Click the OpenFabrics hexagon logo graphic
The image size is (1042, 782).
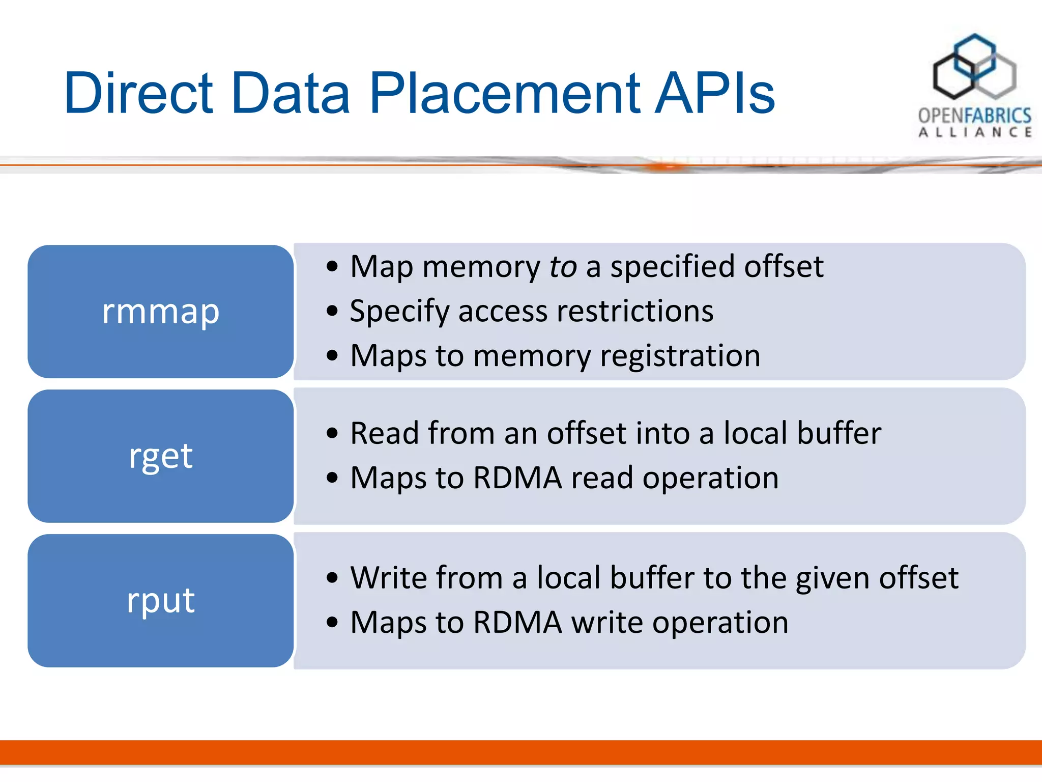click(x=974, y=67)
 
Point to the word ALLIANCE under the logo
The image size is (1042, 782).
click(x=975, y=132)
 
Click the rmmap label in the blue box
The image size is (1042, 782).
click(x=161, y=311)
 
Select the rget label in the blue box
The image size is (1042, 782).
click(x=161, y=456)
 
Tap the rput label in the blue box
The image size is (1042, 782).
click(x=161, y=600)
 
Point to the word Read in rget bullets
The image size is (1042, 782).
click(x=384, y=433)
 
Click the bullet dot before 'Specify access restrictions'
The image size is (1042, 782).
click(x=332, y=311)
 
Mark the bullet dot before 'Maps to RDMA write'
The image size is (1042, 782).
click(x=332, y=622)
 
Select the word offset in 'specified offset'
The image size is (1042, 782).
click(x=784, y=267)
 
